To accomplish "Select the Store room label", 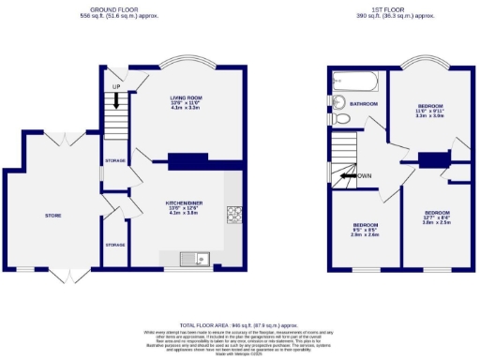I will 52,216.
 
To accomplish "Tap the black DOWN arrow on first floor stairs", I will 350,175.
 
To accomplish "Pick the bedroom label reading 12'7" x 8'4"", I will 436,217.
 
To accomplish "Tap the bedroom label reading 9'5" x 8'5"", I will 366,230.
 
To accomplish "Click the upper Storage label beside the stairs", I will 115,160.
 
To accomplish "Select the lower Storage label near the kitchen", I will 115,244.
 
